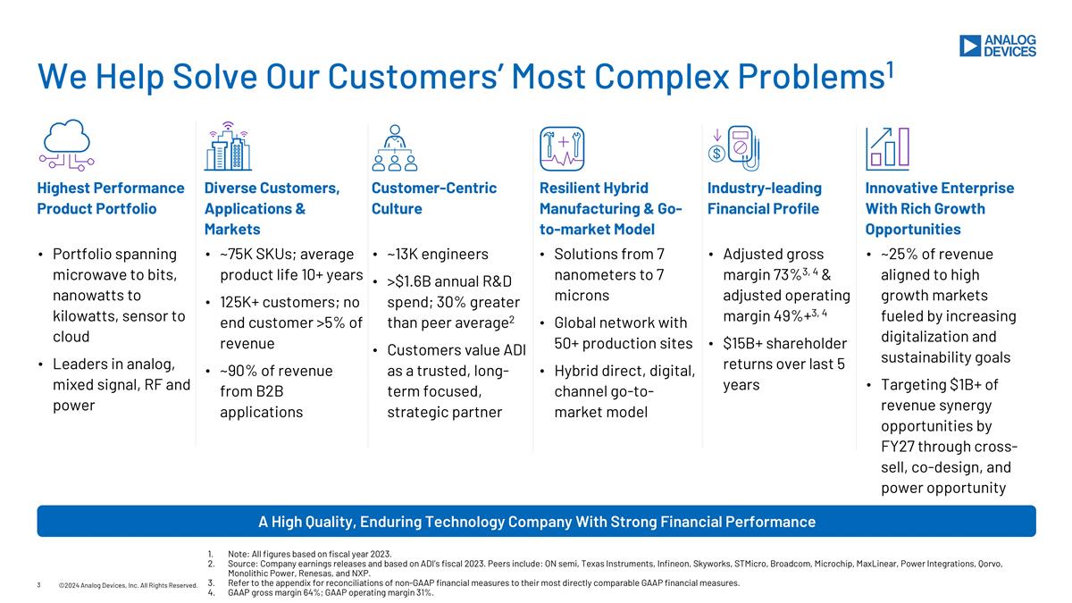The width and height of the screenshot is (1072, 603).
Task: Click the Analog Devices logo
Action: point(997,46)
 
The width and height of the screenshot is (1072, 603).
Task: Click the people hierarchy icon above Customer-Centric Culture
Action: point(395,147)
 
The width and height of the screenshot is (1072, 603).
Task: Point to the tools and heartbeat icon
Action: point(562,147)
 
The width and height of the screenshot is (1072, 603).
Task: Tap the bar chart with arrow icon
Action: point(887,147)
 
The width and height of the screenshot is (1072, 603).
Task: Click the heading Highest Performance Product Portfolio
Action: point(110,198)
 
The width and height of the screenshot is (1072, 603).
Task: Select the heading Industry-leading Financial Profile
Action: point(764,198)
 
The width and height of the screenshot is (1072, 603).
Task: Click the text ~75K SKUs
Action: point(249,255)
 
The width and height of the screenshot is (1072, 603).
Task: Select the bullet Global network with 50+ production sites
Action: point(621,333)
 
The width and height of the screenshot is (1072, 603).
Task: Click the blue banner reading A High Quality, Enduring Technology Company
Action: point(536,521)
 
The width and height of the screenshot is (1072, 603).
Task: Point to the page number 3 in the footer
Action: point(39,585)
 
